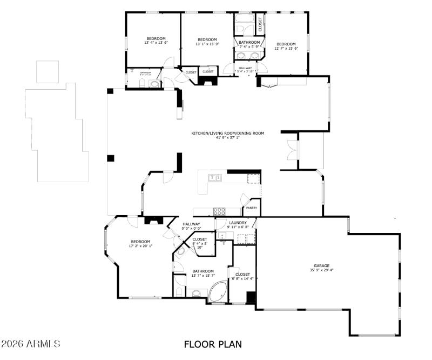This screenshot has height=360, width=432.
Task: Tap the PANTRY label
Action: point(252,208)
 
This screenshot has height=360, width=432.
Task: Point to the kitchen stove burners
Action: point(220,211)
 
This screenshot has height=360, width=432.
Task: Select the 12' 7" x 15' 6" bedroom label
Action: point(286,46)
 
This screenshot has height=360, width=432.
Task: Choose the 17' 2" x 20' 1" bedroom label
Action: point(140,244)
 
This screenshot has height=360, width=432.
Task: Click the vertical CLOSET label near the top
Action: point(260,24)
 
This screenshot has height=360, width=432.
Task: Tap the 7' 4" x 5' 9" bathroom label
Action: point(249,44)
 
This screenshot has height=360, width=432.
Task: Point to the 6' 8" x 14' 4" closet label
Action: point(242,276)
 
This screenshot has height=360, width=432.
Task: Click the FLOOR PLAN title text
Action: point(212,344)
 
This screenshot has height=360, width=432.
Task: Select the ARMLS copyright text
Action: point(31,344)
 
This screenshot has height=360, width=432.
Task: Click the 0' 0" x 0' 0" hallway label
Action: point(191,226)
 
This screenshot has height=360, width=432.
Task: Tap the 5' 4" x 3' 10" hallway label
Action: point(246,70)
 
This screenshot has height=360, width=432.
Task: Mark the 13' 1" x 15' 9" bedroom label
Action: point(207,42)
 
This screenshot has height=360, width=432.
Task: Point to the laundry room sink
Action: point(222,236)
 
